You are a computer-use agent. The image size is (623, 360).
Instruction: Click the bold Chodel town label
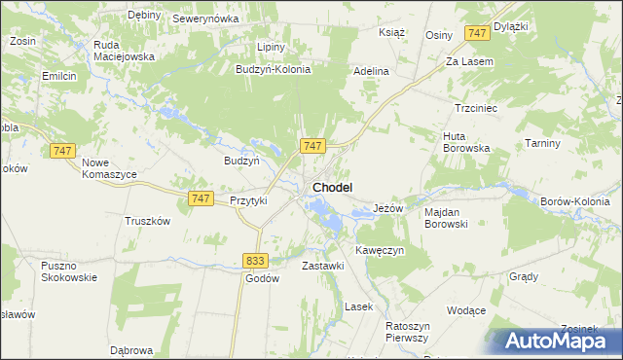[x=332, y=187]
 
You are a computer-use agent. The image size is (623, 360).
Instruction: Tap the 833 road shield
[x=255, y=260]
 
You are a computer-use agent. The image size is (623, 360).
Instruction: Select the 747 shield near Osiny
[x=476, y=33]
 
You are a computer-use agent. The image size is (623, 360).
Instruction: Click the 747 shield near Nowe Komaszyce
[x=62, y=150]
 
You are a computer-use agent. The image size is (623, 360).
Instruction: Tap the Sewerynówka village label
[x=205, y=18]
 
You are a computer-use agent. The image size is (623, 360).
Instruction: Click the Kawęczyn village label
[x=380, y=250]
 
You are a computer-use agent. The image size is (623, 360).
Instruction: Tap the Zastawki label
[x=323, y=266]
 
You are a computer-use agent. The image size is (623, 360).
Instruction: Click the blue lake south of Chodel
[x=326, y=215]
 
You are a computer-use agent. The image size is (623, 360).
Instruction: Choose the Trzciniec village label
[x=476, y=108]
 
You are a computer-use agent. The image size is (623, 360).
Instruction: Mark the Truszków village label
[x=148, y=220]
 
